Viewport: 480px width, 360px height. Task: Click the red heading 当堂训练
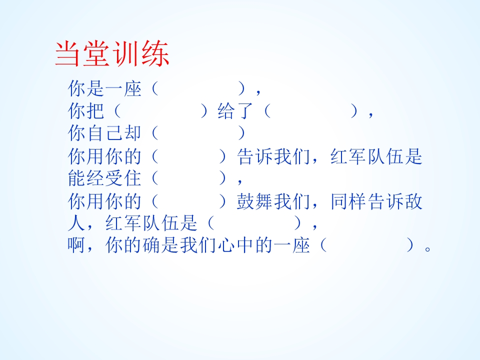[x=112, y=54]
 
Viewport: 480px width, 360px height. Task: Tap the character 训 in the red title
[x=127, y=54]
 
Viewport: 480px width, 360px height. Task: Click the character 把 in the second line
[x=96, y=111]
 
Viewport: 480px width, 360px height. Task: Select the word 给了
[x=237, y=111]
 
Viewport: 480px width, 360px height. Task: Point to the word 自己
[x=114, y=133]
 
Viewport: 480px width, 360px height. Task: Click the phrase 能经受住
[x=105, y=177]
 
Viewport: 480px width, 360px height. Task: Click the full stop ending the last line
[x=426, y=248]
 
